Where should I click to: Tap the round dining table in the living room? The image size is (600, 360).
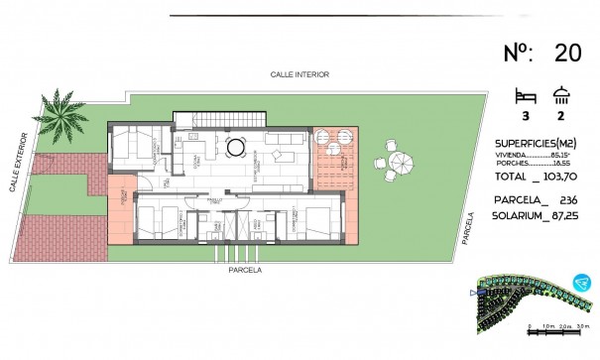[237, 148]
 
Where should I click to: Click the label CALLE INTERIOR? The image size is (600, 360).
[299, 74]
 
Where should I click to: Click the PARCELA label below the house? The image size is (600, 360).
[243, 268]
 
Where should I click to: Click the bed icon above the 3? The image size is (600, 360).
[526, 97]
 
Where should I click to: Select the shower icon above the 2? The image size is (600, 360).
[562, 97]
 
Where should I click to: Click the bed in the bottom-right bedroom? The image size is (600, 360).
[313, 219]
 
